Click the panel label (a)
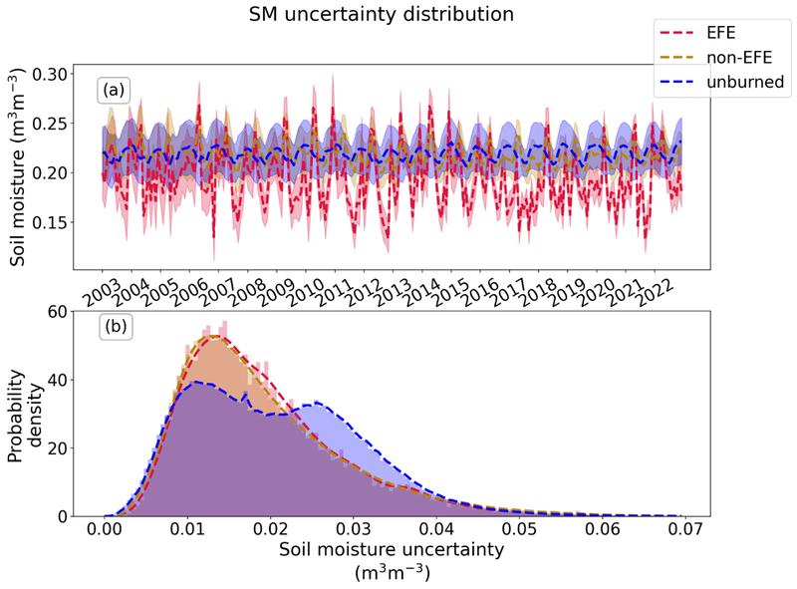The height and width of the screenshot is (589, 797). pos(112,91)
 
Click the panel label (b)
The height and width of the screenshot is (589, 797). pos(112,326)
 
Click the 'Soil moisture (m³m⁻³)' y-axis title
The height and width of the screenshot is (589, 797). pos(19,168)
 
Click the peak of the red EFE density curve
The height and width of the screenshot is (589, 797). pos(214,336)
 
